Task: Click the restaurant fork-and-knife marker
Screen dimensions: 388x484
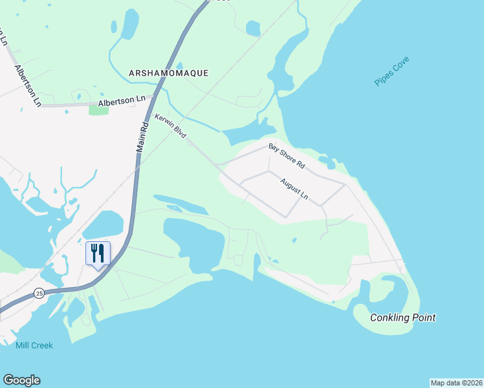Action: tap(98, 253)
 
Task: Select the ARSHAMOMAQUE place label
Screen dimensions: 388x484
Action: tap(168, 73)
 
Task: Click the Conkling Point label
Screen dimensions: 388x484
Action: tap(402, 318)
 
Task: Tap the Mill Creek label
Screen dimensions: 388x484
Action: tap(34, 345)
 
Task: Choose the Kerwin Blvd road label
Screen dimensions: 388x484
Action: tap(170, 126)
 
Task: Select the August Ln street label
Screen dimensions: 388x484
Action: tap(294, 189)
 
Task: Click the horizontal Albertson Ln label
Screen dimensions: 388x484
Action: tap(122, 101)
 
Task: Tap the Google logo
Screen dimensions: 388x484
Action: tap(21, 380)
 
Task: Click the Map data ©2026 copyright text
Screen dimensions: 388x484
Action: tap(456, 383)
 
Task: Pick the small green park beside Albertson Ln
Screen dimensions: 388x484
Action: tap(98, 110)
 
